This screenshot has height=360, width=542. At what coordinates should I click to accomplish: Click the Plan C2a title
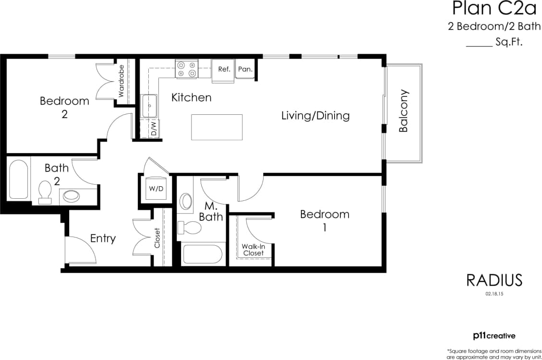[487, 9]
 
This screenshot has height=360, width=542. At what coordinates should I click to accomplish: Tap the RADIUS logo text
[494, 280]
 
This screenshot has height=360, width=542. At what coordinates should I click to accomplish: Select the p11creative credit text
[494, 336]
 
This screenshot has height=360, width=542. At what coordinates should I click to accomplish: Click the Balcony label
[404, 111]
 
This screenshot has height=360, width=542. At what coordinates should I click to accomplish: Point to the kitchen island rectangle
[217, 127]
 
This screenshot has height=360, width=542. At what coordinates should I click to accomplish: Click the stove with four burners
[187, 69]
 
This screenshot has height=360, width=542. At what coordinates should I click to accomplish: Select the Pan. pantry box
[245, 70]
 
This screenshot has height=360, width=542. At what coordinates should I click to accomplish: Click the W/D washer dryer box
[156, 189]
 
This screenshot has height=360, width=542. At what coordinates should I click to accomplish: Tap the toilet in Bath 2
[45, 192]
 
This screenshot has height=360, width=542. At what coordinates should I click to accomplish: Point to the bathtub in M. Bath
[202, 254]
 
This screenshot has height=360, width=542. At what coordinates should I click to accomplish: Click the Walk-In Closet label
[253, 250]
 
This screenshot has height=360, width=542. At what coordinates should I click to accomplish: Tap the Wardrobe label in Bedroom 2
[121, 81]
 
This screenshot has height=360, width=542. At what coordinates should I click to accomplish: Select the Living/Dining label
[315, 116]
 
